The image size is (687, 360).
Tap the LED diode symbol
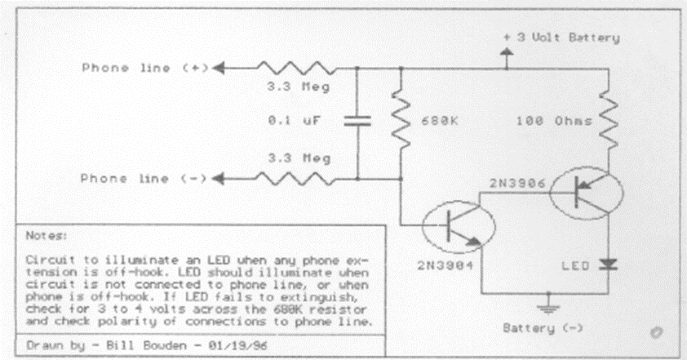pos(608,264)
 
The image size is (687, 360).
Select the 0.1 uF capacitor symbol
pos(357,120)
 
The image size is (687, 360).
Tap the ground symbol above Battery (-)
pos(544,309)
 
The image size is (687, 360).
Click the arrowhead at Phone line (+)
pos(221,69)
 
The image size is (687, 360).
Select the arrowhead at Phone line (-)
pos(221,178)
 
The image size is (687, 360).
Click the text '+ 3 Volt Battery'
pos(561,37)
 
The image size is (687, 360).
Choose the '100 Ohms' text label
pos(547,122)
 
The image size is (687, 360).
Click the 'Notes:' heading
pos(42,234)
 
